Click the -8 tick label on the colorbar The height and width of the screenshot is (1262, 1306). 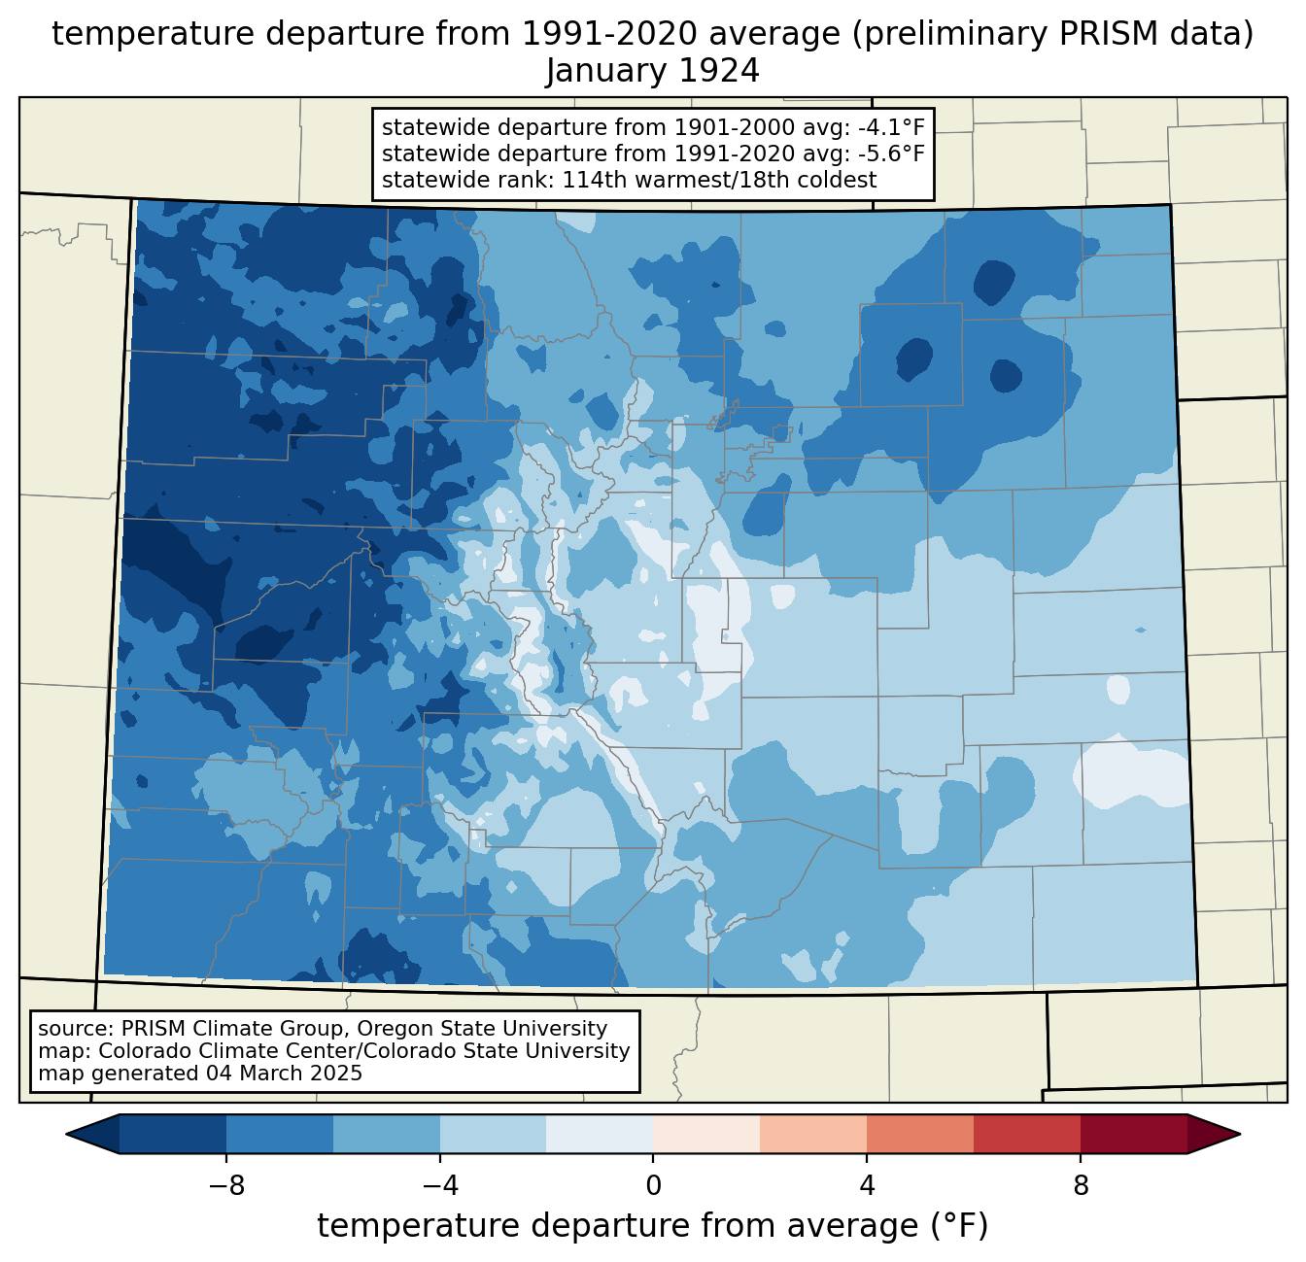pyautogui.click(x=226, y=1186)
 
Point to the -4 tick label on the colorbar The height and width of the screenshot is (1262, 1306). pyautogui.click(x=440, y=1186)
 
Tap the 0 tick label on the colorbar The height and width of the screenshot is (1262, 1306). pyautogui.click(x=653, y=1186)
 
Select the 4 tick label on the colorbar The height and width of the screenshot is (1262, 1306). pyautogui.click(x=867, y=1186)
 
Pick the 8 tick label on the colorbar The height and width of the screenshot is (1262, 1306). pyautogui.click(x=1081, y=1186)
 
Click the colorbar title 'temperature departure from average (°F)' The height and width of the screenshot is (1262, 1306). pyautogui.click(x=652, y=1226)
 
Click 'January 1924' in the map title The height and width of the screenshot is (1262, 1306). pyautogui.click(x=652, y=71)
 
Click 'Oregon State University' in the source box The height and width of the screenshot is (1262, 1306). pyautogui.click(x=482, y=1029)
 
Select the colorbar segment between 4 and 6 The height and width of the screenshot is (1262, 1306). pyautogui.click(x=920, y=1135)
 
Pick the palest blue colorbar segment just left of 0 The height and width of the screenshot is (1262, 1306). pyautogui.click(x=600, y=1135)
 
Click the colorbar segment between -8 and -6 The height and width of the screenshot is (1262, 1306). pyautogui.click(x=279, y=1135)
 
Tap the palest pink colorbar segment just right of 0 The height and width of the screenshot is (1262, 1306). pyautogui.click(x=706, y=1135)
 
